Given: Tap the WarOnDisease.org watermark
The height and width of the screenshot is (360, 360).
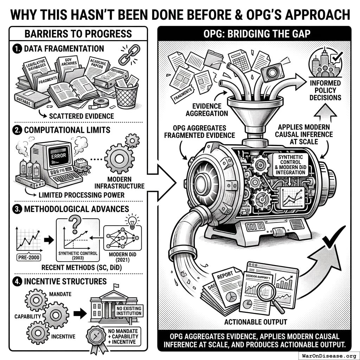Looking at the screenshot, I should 328,355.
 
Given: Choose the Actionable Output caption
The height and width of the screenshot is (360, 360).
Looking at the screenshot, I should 255,321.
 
